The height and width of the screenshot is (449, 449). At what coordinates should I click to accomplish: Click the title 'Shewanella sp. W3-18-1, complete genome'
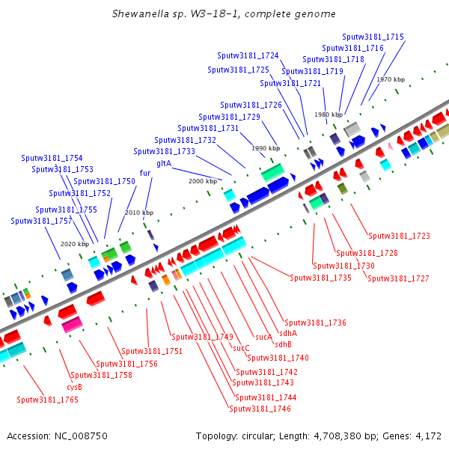coord(224,13)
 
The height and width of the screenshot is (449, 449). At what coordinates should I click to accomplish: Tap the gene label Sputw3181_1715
coord(373,37)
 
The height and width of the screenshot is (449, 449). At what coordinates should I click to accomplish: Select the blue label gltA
coord(164,163)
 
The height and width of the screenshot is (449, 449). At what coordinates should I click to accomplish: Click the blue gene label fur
coord(145,173)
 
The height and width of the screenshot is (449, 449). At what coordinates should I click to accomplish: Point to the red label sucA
coord(263,337)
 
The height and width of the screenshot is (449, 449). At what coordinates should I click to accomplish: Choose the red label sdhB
coord(283,344)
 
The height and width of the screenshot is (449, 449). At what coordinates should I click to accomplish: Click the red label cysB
coord(74,387)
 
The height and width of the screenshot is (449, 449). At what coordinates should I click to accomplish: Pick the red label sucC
coord(241,348)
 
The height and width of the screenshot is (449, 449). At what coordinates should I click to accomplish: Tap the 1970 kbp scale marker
coord(391,79)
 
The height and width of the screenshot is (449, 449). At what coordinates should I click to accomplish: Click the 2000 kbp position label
coord(203,181)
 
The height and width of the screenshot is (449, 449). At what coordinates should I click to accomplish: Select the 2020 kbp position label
coord(75,244)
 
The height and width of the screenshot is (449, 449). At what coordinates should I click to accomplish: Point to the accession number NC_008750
coord(81,436)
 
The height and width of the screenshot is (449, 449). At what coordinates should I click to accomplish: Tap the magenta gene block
coord(72,325)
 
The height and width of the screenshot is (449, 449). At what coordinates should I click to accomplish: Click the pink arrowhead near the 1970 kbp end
coord(391,146)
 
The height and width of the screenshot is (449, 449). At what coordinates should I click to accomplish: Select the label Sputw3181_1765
coord(48,400)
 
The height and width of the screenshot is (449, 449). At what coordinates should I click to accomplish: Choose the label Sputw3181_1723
coord(399,236)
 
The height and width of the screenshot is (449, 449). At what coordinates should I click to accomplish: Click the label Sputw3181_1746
coord(260,409)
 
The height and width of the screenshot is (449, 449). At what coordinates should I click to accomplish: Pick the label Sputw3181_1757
coord(41,221)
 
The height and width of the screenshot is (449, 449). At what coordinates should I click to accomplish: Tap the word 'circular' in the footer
coord(258,436)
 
